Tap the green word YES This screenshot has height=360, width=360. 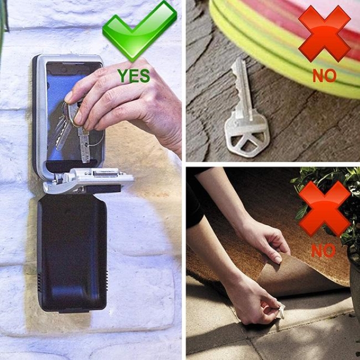pyautogui.click(x=134, y=76)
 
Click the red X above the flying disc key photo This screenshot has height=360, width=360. pyautogui.click(x=325, y=33)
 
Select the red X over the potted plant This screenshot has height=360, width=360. pyautogui.click(x=325, y=209)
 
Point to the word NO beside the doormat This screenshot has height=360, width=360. pyautogui.click(x=323, y=251)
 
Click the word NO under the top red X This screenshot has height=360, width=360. pyautogui.click(x=325, y=76)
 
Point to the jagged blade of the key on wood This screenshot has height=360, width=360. pyautogui.click(x=241, y=87)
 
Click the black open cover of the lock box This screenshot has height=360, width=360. pyautogui.click(x=72, y=253)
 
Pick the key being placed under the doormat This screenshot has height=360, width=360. pyautogui.click(x=281, y=311)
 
